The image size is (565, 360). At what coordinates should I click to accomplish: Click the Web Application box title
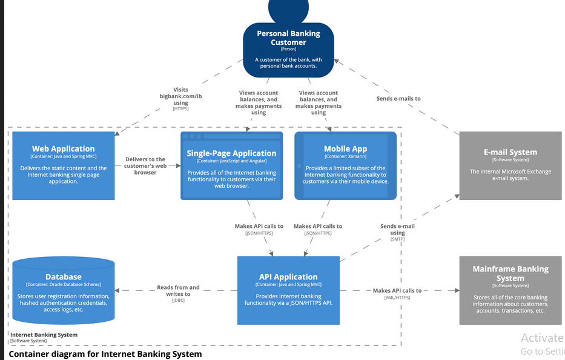[64, 148]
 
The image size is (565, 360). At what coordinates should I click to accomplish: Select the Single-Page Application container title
[231, 153]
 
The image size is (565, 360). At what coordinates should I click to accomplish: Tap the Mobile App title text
[345, 148]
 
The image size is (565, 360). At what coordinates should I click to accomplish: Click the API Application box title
[288, 276]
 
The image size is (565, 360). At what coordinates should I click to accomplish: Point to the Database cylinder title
[64, 276]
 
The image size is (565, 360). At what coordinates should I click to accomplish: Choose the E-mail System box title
[510, 152]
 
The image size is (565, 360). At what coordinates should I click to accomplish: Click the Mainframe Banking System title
[510, 273]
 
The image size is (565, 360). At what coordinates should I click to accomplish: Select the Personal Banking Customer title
[288, 38]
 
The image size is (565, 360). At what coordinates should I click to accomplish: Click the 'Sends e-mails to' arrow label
[398, 98]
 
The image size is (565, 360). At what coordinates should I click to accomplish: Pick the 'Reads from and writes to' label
[178, 290]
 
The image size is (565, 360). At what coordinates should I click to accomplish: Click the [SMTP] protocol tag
[397, 239]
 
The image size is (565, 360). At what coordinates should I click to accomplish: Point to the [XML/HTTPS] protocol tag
[397, 298]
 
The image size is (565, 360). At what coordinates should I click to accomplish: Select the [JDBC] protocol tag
[178, 301]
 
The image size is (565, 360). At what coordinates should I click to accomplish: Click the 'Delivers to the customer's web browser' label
[145, 165]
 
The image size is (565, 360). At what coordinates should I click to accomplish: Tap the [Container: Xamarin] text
[345, 156]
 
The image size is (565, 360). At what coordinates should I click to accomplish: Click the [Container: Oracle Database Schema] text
[64, 284]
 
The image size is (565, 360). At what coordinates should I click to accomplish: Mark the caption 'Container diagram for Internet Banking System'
[105, 353]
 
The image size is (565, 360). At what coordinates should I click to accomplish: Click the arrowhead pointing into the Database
[118, 290]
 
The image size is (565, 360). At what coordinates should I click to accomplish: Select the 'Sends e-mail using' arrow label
[397, 229]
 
